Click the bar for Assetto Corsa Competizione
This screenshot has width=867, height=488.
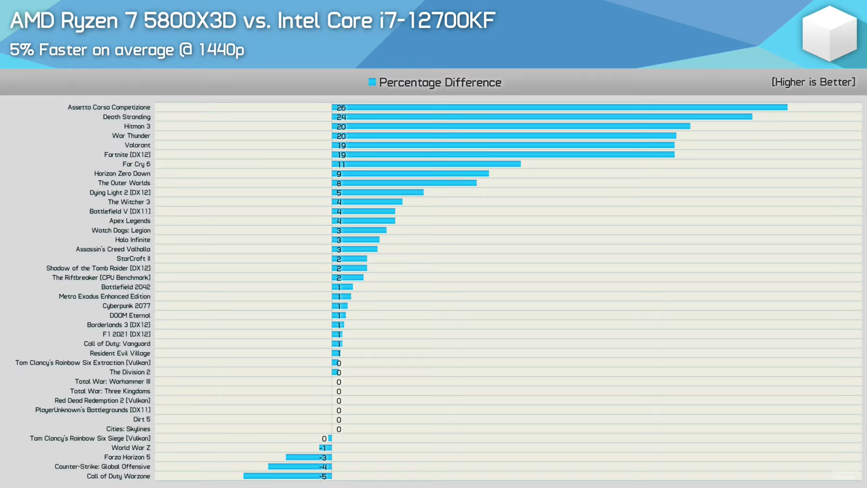558,107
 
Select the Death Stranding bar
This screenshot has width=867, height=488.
542,117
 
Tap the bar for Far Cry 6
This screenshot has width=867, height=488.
426,164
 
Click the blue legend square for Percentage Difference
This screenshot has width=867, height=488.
372,82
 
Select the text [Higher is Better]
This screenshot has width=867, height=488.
813,82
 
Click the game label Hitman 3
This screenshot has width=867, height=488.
137,126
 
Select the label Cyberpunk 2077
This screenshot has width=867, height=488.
126,306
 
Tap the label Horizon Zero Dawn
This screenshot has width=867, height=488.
122,174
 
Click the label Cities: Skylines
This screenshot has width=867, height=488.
128,429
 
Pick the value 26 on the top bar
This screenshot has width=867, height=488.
341,108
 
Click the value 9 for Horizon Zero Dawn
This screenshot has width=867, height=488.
339,174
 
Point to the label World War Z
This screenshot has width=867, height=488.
131,448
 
